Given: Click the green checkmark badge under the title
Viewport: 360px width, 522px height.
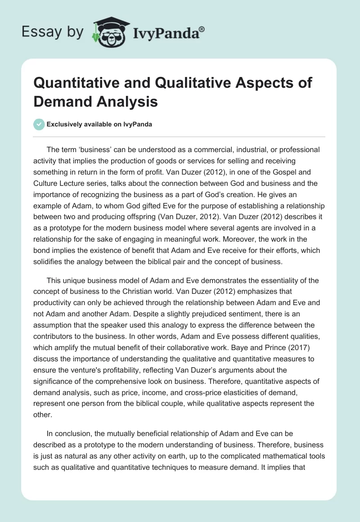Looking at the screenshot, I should [40, 124].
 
